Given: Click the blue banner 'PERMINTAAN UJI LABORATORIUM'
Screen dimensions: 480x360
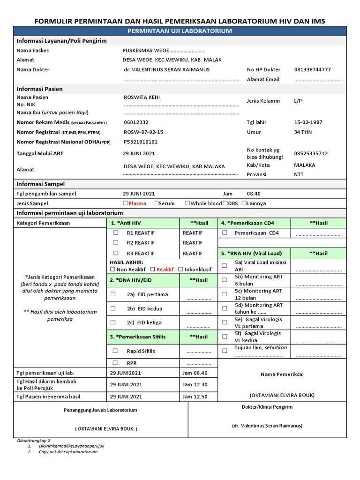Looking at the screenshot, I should pos(180,31).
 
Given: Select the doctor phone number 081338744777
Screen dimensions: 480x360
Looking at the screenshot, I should pos(312,69).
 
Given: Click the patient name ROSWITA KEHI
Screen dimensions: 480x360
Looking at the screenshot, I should pos(142,97).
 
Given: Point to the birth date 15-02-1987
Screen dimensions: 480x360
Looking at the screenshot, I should pos(308,122).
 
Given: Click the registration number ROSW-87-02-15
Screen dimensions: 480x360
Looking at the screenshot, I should pos(143,132).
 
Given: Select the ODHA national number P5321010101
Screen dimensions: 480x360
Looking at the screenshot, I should pos(141,142).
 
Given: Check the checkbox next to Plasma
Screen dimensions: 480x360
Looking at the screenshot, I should pos(126,203).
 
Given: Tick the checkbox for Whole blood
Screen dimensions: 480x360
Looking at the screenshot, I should pos(187,203).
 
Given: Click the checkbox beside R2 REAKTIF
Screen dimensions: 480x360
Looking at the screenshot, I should pos(115,243).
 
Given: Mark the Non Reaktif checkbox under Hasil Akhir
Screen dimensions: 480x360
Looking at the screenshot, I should pos(112,270).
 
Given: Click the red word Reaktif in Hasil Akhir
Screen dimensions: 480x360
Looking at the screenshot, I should pos(165,270).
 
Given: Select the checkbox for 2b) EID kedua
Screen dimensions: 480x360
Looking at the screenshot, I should pos(113,308).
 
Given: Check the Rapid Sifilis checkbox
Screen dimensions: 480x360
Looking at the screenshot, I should pos(115,351).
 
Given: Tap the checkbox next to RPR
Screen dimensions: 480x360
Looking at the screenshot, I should pos(115,363).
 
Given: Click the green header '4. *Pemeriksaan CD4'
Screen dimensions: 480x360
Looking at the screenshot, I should pos(255,223).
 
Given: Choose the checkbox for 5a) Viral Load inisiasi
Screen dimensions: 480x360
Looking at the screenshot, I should pos(224,266).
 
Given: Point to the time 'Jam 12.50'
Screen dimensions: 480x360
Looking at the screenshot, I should pos(195,397).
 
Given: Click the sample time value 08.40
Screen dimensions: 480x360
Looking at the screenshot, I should pos(254,194).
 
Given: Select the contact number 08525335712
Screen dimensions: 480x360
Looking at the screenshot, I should pos(311,153).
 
